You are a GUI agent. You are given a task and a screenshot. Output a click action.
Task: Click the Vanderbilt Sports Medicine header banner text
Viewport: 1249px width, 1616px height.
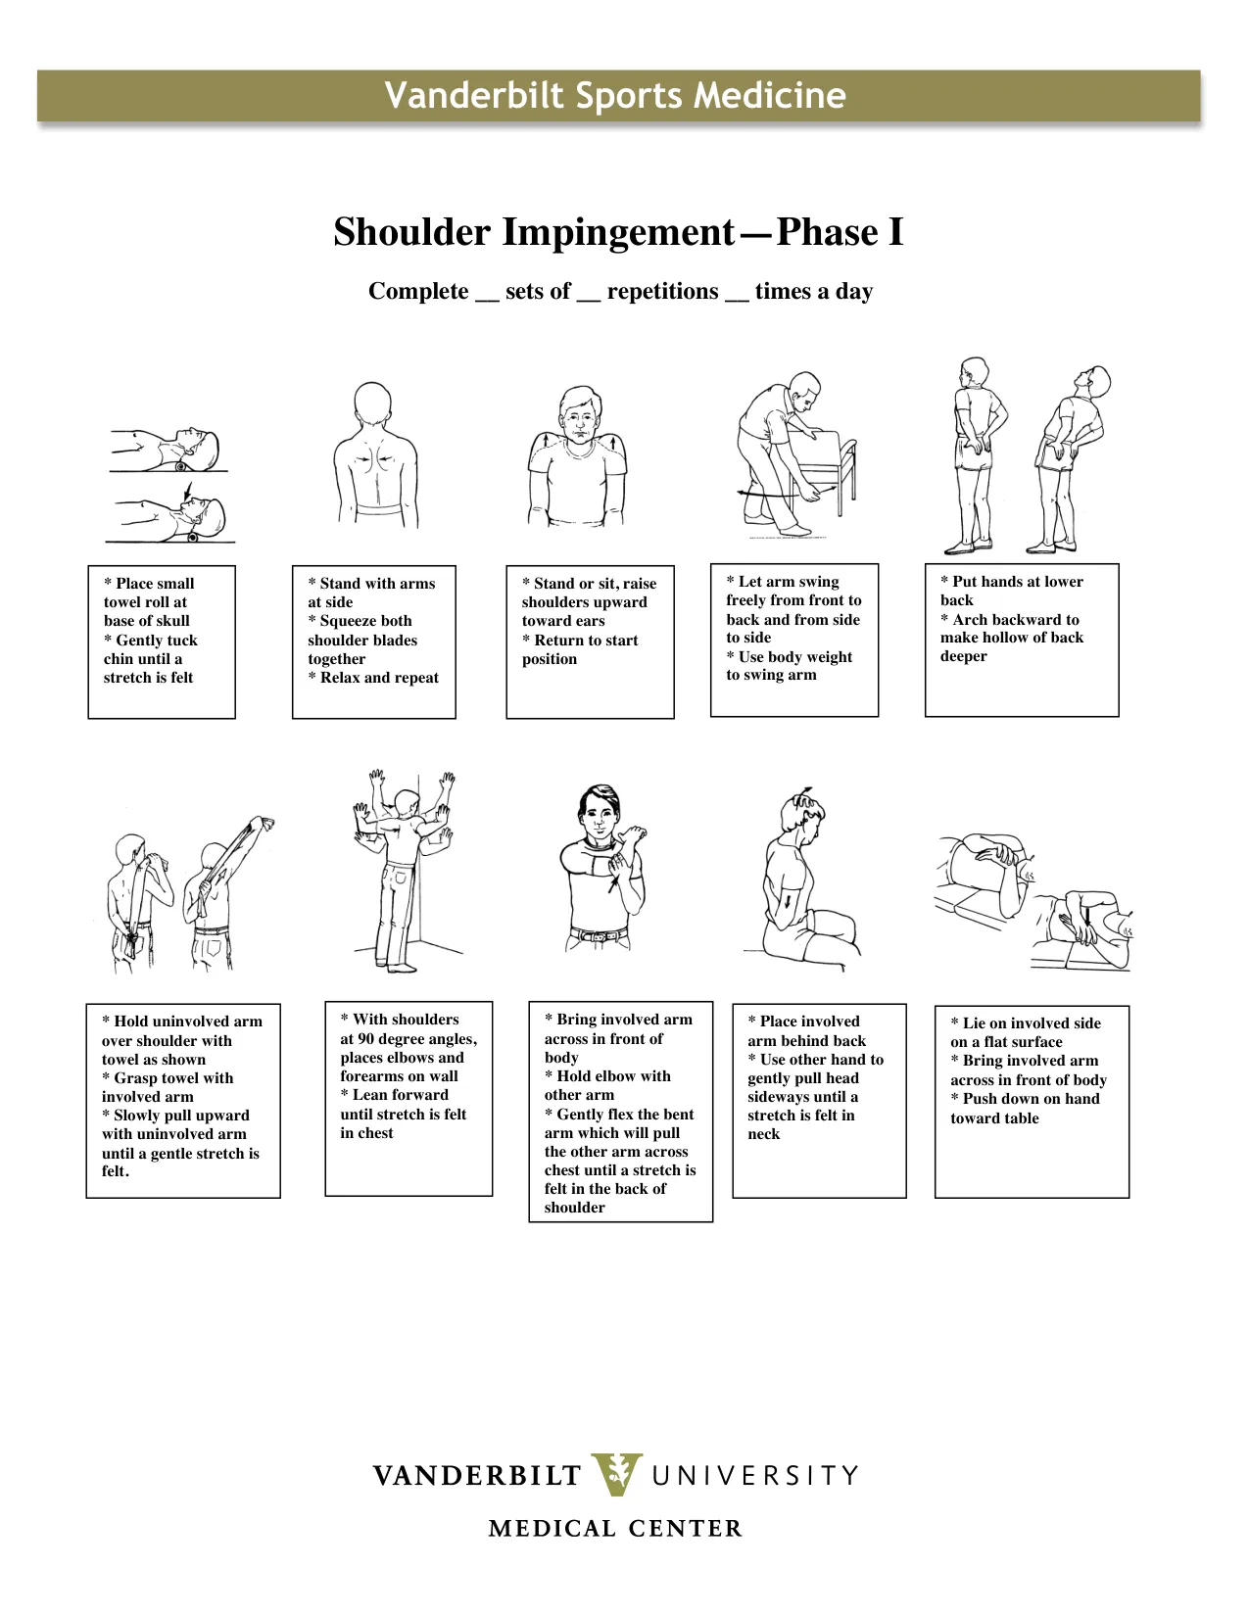coord(614,95)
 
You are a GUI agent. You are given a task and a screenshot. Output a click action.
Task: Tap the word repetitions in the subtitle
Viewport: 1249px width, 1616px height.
coord(662,292)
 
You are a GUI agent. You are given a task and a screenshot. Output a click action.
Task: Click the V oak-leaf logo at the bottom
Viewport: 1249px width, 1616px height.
coord(617,1474)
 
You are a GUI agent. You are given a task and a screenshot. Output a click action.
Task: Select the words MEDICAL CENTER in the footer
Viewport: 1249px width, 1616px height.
coord(615,1528)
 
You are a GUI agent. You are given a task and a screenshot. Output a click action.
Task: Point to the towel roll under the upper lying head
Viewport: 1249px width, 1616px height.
coord(181,467)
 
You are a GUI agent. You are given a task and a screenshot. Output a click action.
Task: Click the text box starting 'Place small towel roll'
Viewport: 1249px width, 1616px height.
coord(162,642)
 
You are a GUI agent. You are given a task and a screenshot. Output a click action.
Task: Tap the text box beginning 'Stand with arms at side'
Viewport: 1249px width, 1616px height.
coord(373,642)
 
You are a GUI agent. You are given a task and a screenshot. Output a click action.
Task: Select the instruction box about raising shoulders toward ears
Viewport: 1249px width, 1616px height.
coord(590,642)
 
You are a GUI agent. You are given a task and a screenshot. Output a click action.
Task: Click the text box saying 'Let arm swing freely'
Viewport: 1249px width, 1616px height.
coord(793,640)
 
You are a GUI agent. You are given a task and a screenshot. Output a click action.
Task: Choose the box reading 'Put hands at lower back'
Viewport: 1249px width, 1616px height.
coord(1021,640)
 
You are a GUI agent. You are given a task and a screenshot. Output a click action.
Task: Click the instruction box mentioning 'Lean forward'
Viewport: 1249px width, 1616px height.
coord(408,1097)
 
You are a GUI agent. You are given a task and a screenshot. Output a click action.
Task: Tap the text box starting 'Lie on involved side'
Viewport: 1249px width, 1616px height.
coord(1031,1101)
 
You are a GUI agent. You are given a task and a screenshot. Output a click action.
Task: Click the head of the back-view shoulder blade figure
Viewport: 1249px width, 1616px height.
coord(373,404)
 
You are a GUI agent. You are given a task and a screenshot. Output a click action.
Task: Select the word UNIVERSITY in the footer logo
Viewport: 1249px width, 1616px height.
coord(754,1475)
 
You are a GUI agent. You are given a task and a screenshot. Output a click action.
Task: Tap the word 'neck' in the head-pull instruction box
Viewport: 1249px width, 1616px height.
coord(764,1134)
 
